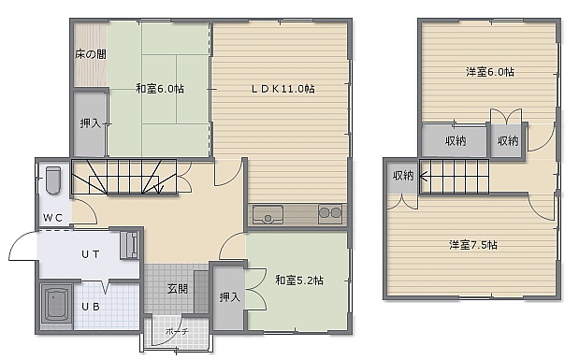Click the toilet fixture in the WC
tap(53, 180)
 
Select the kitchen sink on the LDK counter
tap(268, 214)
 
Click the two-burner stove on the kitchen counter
tap(330, 214)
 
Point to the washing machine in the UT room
tap(129, 245)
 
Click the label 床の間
tap(91, 54)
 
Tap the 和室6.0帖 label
tap(160, 89)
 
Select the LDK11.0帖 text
tap(283, 89)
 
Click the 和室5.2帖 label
tap(299, 281)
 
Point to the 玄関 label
tap(178, 289)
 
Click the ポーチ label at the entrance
tap(177, 331)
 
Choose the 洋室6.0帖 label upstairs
tap(490, 72)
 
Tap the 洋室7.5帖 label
tap(473, 245)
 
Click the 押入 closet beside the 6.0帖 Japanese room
tap(91, 124)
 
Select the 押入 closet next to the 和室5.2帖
tap(230, 296)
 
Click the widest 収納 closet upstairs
tap(455, 140)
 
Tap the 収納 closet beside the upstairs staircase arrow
tap(403, 176)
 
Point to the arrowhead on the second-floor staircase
tap(424, 176)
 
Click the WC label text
tap(52, 218)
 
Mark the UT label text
tap(91, 254)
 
